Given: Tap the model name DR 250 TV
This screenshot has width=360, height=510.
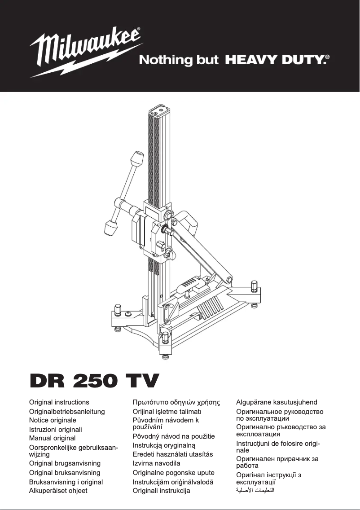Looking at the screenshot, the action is click(x=94, y=381).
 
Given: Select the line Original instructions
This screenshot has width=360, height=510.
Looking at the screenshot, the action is click(x=59, y=402).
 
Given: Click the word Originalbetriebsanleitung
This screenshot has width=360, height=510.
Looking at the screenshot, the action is click(x=67, y=411).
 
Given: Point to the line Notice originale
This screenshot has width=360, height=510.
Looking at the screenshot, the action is click(x=53, y=420).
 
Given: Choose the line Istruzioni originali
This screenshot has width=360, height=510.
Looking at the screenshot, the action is click(x=56, y=429).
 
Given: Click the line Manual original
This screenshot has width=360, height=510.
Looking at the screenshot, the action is click(x=52, y=438).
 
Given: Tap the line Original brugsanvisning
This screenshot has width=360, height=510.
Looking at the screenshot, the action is click(x=65, y=463).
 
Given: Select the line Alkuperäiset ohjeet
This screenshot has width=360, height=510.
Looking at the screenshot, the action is click(x=58, y=491).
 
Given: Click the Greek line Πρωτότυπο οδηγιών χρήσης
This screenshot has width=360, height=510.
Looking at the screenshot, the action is click(x=176, y=402).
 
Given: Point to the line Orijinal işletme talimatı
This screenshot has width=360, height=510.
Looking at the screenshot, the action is click(x=167, y=411).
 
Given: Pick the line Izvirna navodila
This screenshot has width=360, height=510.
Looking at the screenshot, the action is click(x=156, y=463).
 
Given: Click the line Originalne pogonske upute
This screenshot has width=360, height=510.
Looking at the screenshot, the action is click(x=173, y=472).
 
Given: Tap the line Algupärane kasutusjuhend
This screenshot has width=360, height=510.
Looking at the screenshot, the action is click(x=277, y=402).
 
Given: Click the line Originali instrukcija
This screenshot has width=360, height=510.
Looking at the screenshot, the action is click(x=161, y=491).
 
